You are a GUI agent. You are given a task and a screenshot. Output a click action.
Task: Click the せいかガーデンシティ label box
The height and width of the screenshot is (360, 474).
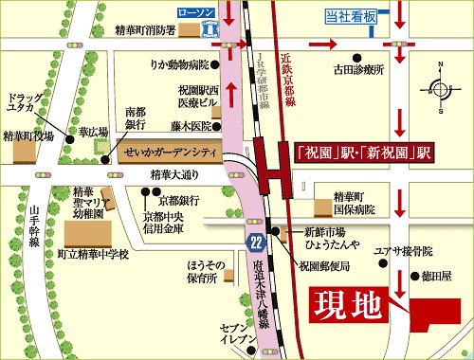(x=170, y=153)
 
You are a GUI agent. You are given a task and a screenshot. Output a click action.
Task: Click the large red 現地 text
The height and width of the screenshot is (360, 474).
(x=349, y=304)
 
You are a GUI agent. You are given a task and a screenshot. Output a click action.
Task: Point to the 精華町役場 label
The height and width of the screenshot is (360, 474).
(x=29, y=135)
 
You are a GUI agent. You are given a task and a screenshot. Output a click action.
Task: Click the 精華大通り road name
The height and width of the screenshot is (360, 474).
(x=176, y=174)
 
